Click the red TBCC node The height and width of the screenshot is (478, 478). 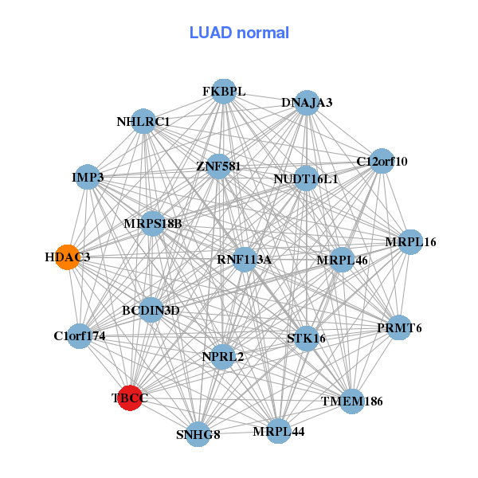pos(130,397)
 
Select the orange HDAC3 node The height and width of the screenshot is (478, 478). pos(67,257)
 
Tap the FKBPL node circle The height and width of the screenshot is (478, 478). pos(224,92)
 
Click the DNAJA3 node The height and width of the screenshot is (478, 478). pos(308,103)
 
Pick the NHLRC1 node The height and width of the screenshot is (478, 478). pos(143,122)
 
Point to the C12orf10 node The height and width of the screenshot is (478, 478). pos(382,161)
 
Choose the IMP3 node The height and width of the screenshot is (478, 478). pos(88,176)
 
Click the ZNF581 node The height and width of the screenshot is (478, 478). pos(218,167)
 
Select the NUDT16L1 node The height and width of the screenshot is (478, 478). pos(306,178)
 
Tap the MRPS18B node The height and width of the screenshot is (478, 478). pos(153,223)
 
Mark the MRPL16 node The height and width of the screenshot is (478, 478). pos(410,241)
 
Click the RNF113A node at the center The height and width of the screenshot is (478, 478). pos(245,259)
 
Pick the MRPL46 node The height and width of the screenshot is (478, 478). pos(342,260)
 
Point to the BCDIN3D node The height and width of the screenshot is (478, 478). pos(151,310)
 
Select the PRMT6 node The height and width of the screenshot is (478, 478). pos(399,327)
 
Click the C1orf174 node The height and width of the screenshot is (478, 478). pos(79,336)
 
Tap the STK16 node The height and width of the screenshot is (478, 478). pos(306,339)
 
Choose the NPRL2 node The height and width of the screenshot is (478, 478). pos(222,356)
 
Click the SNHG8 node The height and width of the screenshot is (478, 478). pos(198,434)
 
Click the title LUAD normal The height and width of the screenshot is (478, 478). pos(239,33)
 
